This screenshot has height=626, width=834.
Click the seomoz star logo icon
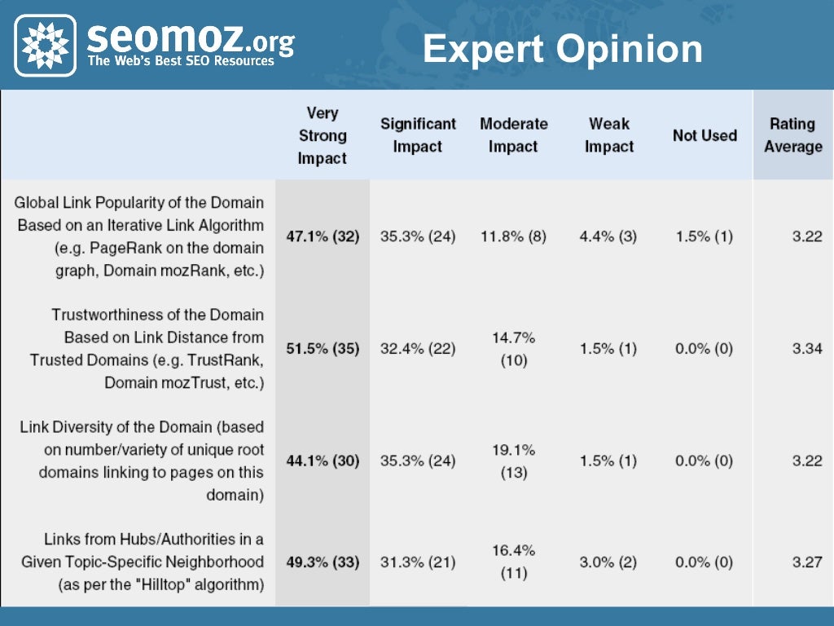pyautogui.click(x=46, y=45)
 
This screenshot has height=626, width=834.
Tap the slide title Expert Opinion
pyautogui.click(x=562, y=49)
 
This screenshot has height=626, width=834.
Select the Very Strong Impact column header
pyautogui.click(x=323, y=135)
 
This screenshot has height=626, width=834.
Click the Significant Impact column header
pyautogui.click(x=418, y=135)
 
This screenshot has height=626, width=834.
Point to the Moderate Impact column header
pyautogui.click(x=513, y=135)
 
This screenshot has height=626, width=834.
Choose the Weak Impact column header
pyautogui.click(x=609, y=135)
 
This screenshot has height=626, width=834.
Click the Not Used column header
pyautogui.click(x=705, y=135)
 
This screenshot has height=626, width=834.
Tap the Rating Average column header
pyautogui.click(x=792, y=135)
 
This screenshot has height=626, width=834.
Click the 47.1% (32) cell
pyautogui.click(x=323, y=236)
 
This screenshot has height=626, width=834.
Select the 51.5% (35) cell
pyautogui.click(x=323, y=349)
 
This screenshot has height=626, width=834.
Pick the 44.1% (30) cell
pyautogui.click(x=323, y=461)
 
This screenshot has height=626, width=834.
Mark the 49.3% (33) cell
pyautogui.click(x=323, y=562)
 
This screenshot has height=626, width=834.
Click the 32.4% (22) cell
pyautogui.click(x=418, y=349)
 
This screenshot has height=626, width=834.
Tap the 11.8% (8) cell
pyautogui.click(x=513, y=236)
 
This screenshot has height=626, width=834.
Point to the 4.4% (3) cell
pyautogui.click(x=609, y=236)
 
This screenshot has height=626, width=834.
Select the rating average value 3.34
pyautogui.click(x=806, y=349)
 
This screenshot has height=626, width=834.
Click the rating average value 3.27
pyautogui.click(x=806, y=562)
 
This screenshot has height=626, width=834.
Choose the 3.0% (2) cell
pyautogui.click(x=609, y=562)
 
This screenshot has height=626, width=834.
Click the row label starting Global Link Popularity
pyautogui.click(x=140, y=236)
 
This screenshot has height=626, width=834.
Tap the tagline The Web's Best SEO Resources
pyautogui.click(x=181, y=61)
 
